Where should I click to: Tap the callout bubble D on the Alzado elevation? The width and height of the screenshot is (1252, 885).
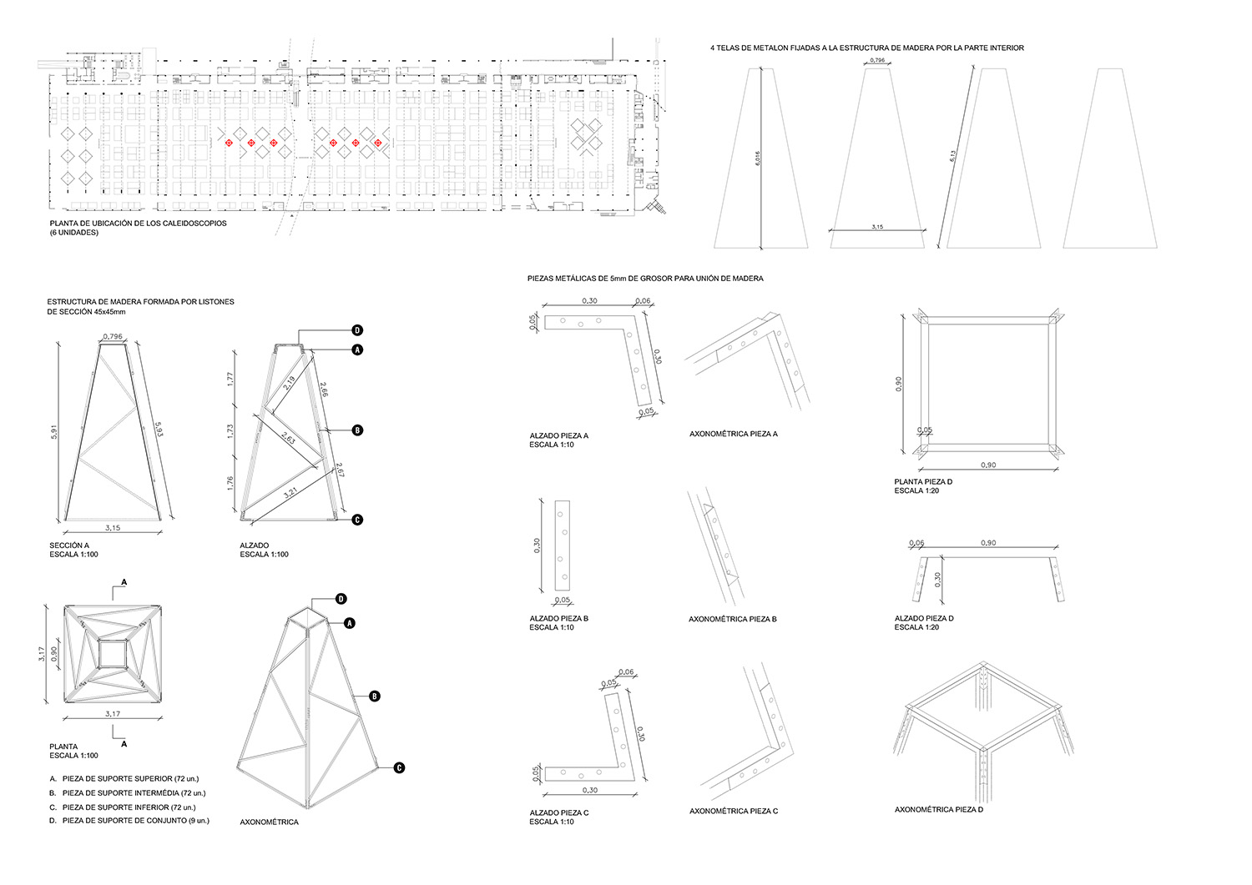(x=356, y=329)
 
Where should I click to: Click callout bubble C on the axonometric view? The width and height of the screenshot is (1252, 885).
(x=399, y=767)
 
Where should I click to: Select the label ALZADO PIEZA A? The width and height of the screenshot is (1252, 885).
(x=558, y=435)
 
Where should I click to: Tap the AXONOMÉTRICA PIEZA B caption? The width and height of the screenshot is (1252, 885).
(x=732, y=619)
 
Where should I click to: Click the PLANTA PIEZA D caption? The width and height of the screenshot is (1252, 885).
(x=923, y=482)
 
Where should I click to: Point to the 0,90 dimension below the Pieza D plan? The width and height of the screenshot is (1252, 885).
(x=987, y=465)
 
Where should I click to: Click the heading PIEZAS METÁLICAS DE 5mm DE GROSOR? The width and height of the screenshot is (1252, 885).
(x=645, y=278)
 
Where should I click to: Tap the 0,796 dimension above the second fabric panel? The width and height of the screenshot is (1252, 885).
(x=877, y=61)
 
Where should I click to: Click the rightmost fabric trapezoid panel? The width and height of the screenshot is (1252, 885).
(x=1110, y=158)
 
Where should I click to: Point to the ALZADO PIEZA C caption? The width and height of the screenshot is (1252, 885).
(x=558, y=812)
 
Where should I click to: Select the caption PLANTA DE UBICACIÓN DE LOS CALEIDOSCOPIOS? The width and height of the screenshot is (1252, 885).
(x=138, y=224)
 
